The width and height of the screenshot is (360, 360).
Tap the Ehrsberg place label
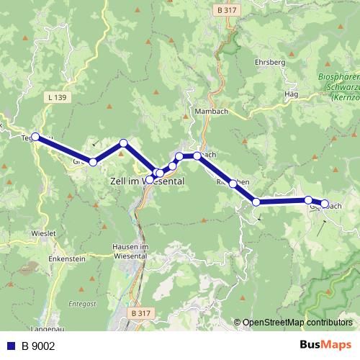270,63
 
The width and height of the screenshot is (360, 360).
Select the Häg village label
291,94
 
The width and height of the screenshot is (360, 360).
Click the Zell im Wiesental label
148,182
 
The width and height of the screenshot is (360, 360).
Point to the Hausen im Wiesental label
130,251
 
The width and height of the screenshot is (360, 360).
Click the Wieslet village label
43,234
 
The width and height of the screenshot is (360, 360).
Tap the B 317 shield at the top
227,10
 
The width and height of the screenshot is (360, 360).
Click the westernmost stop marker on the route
35,136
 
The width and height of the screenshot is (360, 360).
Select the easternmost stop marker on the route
325,204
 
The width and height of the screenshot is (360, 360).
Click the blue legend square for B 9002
10,346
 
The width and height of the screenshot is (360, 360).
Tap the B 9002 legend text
37,346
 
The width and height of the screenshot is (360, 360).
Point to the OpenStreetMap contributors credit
297,323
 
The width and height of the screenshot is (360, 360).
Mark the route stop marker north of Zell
124,143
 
